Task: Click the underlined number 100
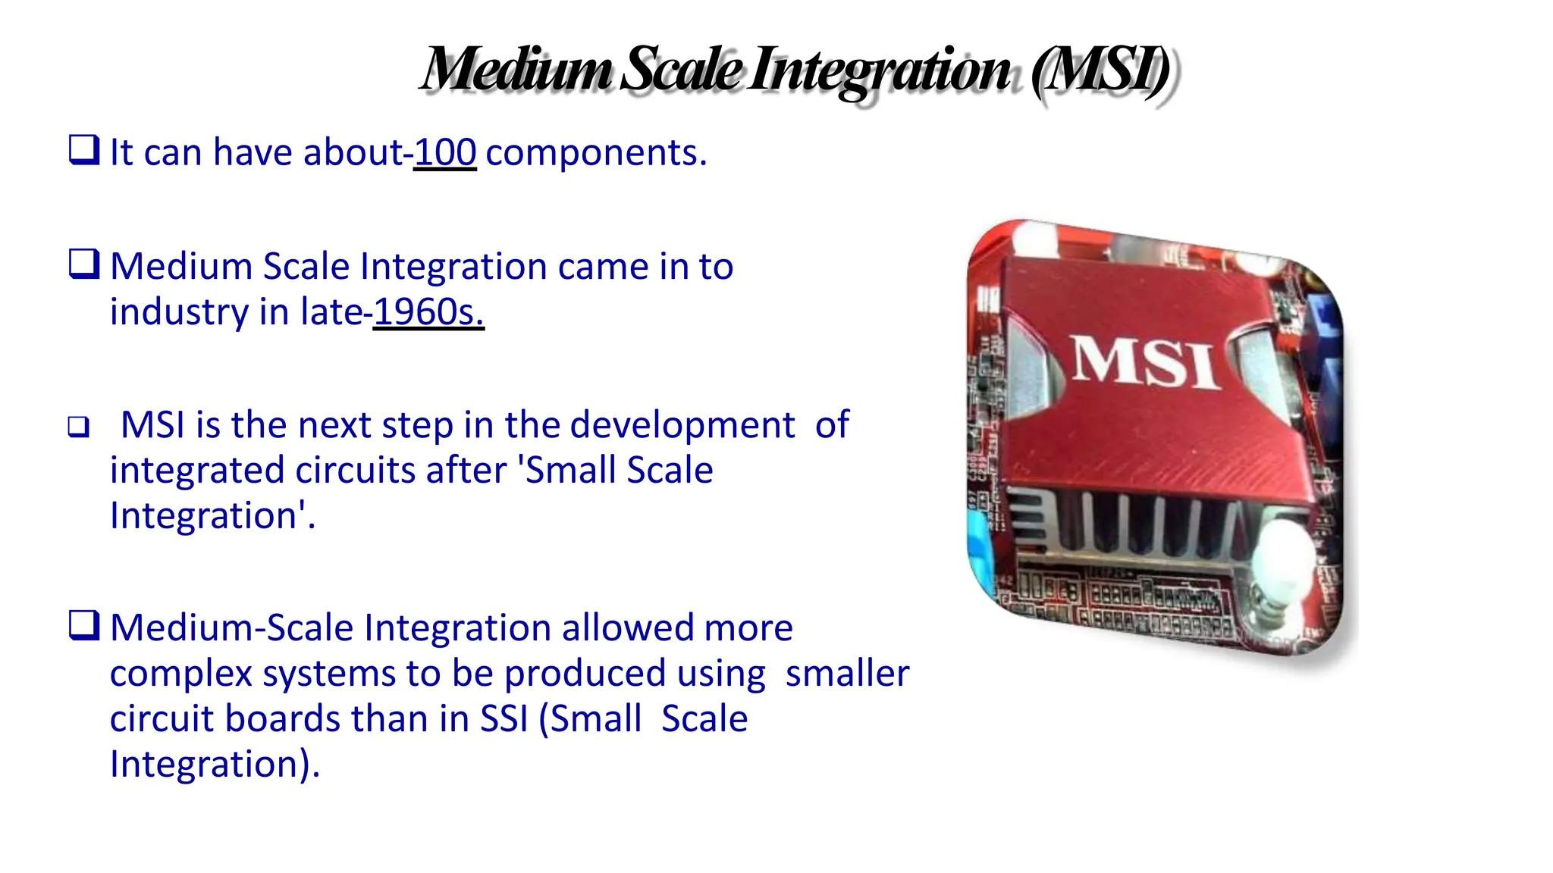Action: click(x=445, y=153)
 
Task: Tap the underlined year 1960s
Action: click(x=428, y=312)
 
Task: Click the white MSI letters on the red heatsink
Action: click(x=1145, y=362)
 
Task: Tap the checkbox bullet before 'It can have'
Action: click(x=83, y=149)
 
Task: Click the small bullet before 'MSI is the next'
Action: click(x=78, y=427)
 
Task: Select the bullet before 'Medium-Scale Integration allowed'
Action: click(x=83, y=625)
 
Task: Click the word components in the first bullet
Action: click(x=595, y=153)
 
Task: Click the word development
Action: click(x=682, y=425)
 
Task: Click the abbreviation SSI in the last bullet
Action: click(x=504, y=719)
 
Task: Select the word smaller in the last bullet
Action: click(x=847, y=674)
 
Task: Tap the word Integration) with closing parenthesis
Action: click(x=215, y=765)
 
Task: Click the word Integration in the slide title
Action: click(x=880, y=70)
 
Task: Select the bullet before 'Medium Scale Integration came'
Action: click(x=83, y=264)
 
